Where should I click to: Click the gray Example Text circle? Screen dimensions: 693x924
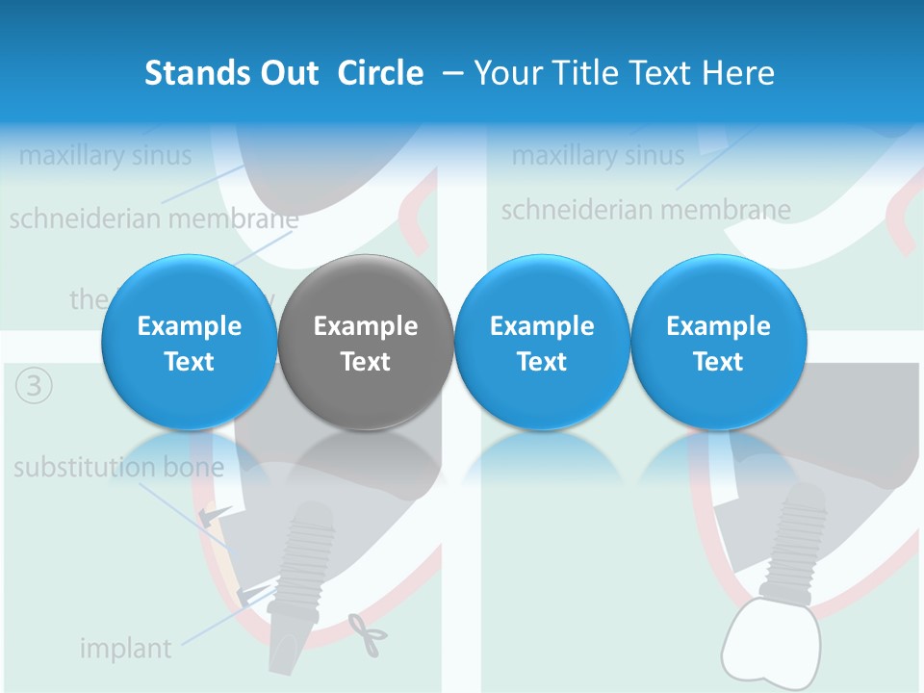point(366,343)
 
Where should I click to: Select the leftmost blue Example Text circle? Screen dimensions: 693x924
point(190,343)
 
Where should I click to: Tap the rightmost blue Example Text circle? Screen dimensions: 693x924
point(718,343)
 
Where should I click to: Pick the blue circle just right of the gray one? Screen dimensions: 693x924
point(542,343)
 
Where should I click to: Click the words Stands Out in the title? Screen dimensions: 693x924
point(231,73)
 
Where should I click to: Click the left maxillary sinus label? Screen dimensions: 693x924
point(105,155)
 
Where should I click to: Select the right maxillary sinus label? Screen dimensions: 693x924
point(598,155)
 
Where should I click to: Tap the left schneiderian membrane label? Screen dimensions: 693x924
point(154,218)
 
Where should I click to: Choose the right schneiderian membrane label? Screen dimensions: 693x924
point(646,209)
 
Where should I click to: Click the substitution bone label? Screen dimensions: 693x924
point(118,468)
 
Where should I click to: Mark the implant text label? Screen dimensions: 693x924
point(125,648)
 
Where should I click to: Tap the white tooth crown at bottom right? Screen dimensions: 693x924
point(769,641)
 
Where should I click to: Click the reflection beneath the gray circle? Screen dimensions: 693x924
point(366,452)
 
